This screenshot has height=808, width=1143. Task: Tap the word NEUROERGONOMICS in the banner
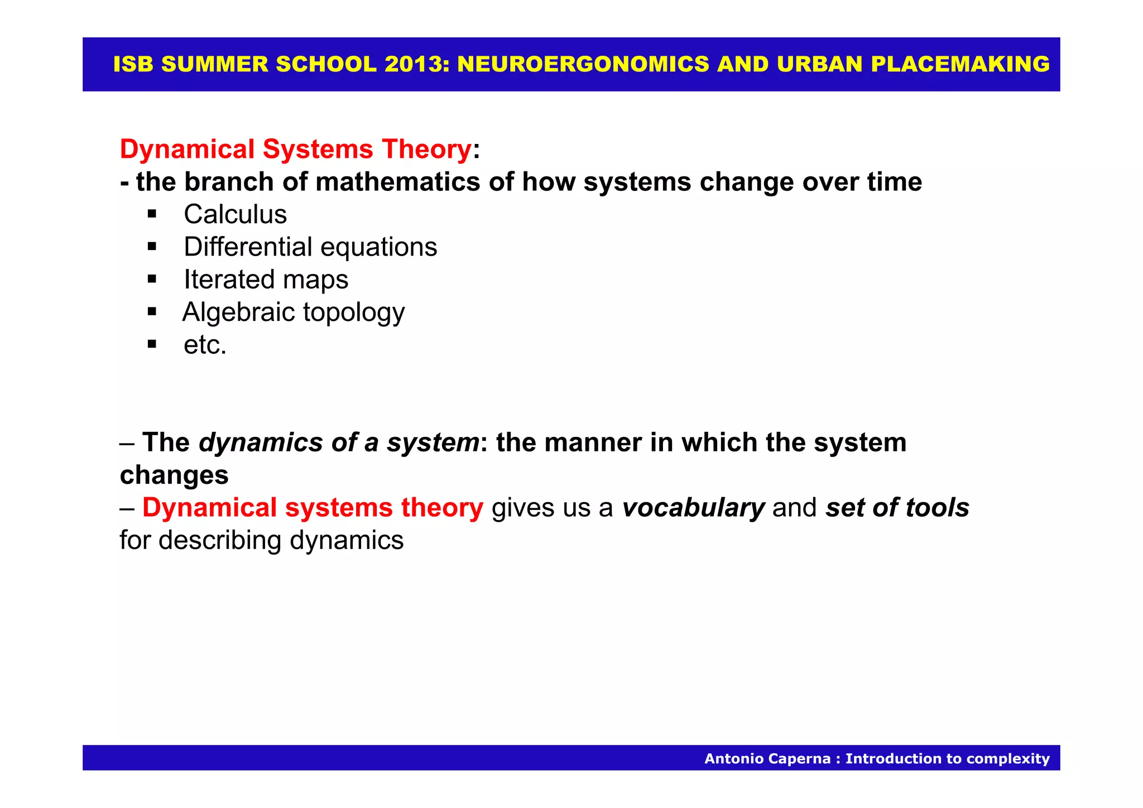(x=583, y=64)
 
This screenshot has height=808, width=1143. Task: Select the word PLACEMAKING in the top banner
(x=960, y=64)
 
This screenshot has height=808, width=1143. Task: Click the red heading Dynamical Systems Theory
(x=296, y=150)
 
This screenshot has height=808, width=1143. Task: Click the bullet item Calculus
(x=235, y=214)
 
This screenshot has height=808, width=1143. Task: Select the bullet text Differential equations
(x=310, y=247)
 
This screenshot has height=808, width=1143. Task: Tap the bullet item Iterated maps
(x=266, y=279)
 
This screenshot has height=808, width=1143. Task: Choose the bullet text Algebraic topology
(x=294, y=312)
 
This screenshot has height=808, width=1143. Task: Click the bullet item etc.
(x=205, y=344)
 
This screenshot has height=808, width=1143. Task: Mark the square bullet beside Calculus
(x=152, y=213)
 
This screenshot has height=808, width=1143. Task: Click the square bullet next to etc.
(x=152, y=344)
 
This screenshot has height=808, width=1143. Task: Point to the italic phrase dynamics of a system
(x=338, y=443)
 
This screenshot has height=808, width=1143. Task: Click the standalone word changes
(x=174, y=475)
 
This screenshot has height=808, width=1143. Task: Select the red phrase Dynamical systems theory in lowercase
(x=313, y=508)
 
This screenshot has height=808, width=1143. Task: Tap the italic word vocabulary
(x=693, y=508)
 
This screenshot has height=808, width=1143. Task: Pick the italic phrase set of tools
(x=897, y=508)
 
